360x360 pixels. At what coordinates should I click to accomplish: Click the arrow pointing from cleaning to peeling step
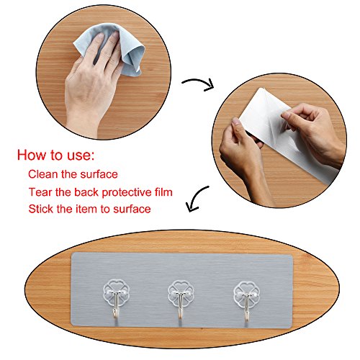pos(198,84)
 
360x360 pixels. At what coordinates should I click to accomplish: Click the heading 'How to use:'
pos(55,155)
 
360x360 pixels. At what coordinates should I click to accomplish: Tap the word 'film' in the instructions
pos(163,192)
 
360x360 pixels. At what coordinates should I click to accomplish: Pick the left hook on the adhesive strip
pos(117,299)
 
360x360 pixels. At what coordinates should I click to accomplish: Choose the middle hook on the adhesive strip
pos(181,299)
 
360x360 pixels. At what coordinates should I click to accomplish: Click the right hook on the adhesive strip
pos(246,300)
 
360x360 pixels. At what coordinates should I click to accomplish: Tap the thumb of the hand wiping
pos(72,72)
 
